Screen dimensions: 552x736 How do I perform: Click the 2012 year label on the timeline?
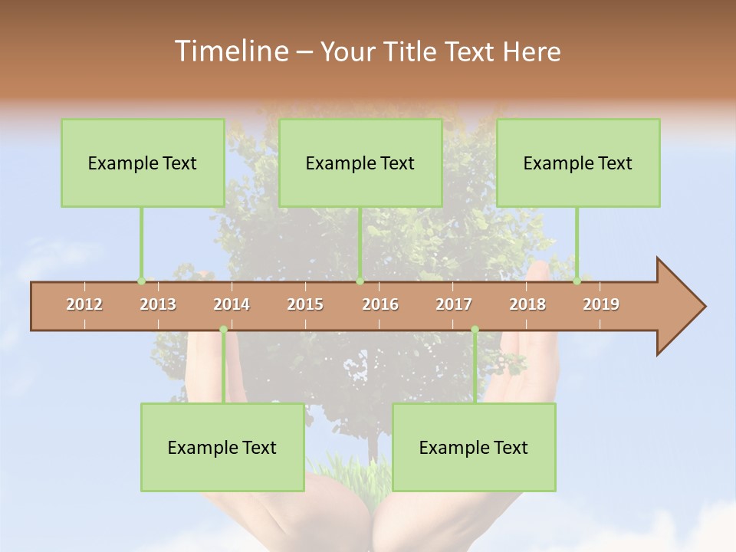click(84, 304)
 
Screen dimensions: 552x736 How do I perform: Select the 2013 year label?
click(158, 304)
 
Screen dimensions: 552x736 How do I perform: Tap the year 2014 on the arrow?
click(232, 304)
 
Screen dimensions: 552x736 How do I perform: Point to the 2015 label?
click(305, 304)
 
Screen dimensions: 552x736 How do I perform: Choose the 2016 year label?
click(380, 304)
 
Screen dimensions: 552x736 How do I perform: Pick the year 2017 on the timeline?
click(454, 304)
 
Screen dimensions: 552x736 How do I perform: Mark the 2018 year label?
click(527, 304)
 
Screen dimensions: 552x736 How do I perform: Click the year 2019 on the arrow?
click(601, 304)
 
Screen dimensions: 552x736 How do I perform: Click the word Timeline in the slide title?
click(230, 51)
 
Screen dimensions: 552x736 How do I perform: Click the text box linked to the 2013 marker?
click(143, 163)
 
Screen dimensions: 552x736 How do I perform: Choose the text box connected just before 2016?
click(360, 163)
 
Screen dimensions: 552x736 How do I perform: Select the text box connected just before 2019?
click(578, 163)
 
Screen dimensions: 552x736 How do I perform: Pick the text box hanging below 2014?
click(222, 447)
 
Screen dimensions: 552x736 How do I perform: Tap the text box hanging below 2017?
click(474, 447)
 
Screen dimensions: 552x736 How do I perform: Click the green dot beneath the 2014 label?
click(223, 330)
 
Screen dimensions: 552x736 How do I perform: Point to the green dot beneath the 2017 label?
click(475, 330)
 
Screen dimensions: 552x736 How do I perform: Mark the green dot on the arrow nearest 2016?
click(360, 281)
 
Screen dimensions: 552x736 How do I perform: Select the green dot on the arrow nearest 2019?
click(577, 281)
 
